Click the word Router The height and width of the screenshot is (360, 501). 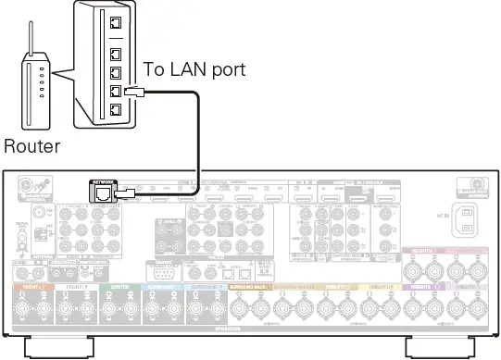31,146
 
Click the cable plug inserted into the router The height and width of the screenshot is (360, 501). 132,93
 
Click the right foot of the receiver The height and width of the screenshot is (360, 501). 440,348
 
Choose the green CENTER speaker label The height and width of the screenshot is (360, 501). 120,288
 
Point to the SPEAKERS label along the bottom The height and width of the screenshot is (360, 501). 251,329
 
